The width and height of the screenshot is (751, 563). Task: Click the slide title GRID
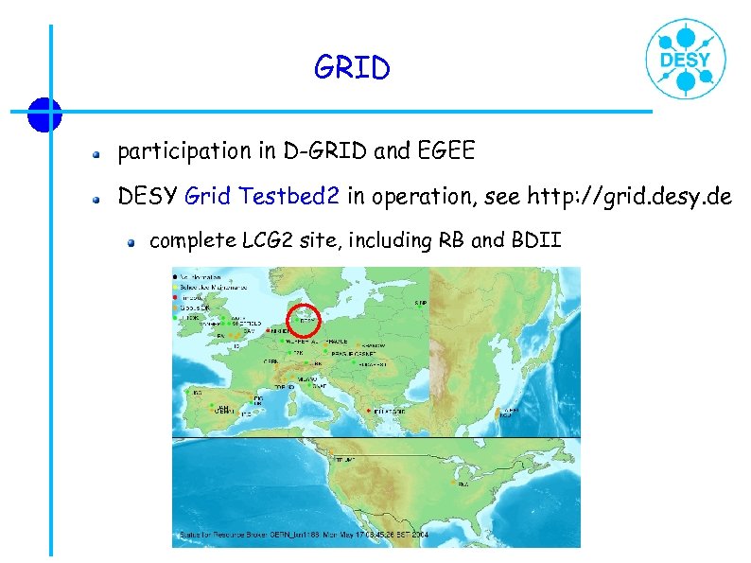[352, 69]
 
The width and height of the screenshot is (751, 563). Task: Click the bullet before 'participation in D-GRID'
[96, 151]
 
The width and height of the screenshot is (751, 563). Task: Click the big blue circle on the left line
[44, 114]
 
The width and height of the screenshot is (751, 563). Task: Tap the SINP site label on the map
[421, 303]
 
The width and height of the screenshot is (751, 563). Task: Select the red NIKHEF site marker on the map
[269, 332]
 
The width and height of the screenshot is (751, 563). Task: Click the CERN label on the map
[271, 361]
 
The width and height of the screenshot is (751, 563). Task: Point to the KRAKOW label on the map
[373, 346]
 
